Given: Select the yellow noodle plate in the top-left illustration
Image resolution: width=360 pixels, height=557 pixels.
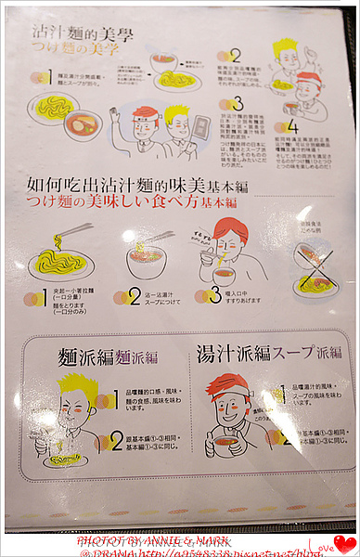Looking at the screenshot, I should (52, 105).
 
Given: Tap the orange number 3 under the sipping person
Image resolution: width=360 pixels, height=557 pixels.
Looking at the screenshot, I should (203, 296).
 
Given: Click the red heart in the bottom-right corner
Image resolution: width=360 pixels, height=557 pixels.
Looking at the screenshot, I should (345, 544).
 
